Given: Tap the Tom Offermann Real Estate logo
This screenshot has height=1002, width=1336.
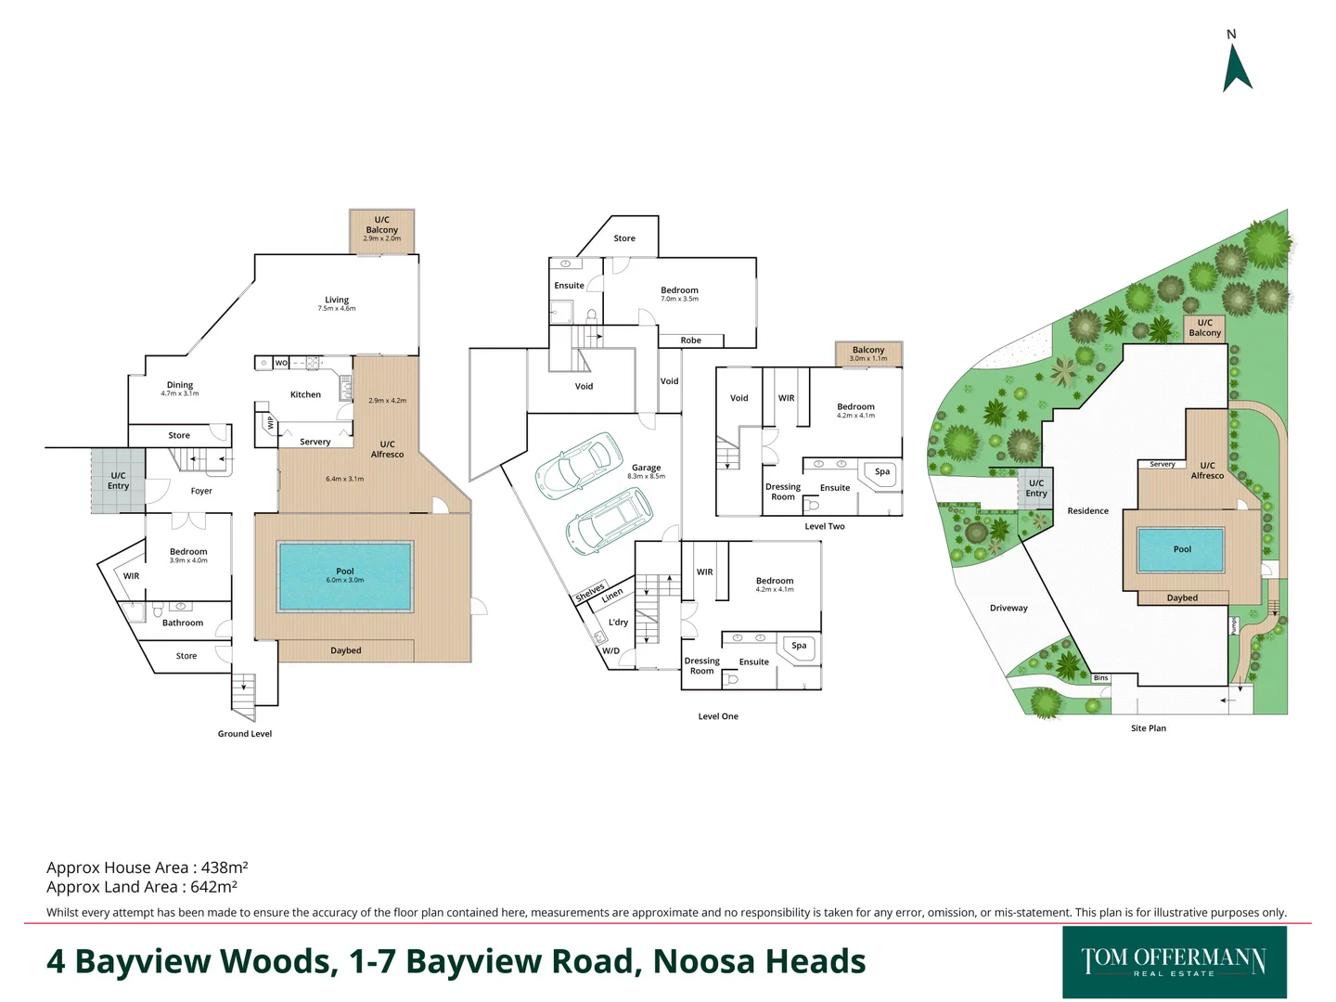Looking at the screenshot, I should click(1174, 962).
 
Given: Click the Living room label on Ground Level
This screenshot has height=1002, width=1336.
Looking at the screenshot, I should click(337, 301).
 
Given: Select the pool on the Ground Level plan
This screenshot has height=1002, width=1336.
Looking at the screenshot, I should click(345, 576).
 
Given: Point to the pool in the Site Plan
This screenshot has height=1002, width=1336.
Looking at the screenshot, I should click(1181, 549).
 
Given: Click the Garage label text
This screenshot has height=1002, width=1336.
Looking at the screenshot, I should click(646, 469).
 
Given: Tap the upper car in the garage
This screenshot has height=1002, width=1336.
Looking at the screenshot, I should click(578, 464).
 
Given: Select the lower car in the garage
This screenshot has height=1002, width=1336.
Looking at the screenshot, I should click(610, 521).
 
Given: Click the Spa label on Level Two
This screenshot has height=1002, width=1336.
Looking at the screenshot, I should click(881, 471).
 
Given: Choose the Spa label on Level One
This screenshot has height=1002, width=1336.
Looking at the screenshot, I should click(799, 646).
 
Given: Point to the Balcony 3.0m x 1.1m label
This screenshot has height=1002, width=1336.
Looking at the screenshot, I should click(868, 353).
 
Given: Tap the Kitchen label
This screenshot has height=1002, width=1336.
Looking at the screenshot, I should click(305, 395).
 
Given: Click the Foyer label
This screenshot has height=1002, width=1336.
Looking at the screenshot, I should click(201, 492).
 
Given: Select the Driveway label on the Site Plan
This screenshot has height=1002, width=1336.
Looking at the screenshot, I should click(1008, 609).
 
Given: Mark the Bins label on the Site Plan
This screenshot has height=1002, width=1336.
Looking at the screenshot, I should click(1100, 678).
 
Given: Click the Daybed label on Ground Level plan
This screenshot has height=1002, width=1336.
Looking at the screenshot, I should click(346, 650).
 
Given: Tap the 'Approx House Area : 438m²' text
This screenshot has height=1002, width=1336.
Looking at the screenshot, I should click(147, 867).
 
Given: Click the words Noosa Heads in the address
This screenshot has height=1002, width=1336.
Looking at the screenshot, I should click(759, 962).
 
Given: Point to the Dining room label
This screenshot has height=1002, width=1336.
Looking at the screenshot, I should click(180, 385).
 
